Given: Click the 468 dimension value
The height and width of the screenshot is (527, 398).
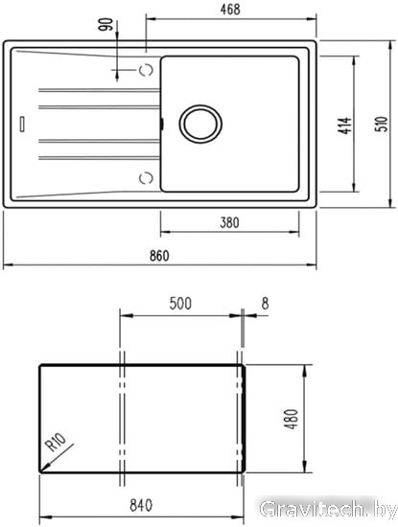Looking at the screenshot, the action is [230, 10].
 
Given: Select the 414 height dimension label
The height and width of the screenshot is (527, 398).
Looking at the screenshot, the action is [344, 126].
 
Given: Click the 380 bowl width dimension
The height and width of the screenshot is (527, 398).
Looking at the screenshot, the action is [230, 222].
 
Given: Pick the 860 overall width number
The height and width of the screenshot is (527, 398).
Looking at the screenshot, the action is [159, 256].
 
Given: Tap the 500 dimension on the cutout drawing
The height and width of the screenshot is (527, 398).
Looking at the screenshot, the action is [180, 304].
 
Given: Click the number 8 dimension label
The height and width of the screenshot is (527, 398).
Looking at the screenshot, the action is [265, 304].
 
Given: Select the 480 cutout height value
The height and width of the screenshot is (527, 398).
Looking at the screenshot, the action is [292, 419].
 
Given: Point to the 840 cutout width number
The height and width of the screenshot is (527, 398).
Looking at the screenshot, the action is [141, 506].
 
